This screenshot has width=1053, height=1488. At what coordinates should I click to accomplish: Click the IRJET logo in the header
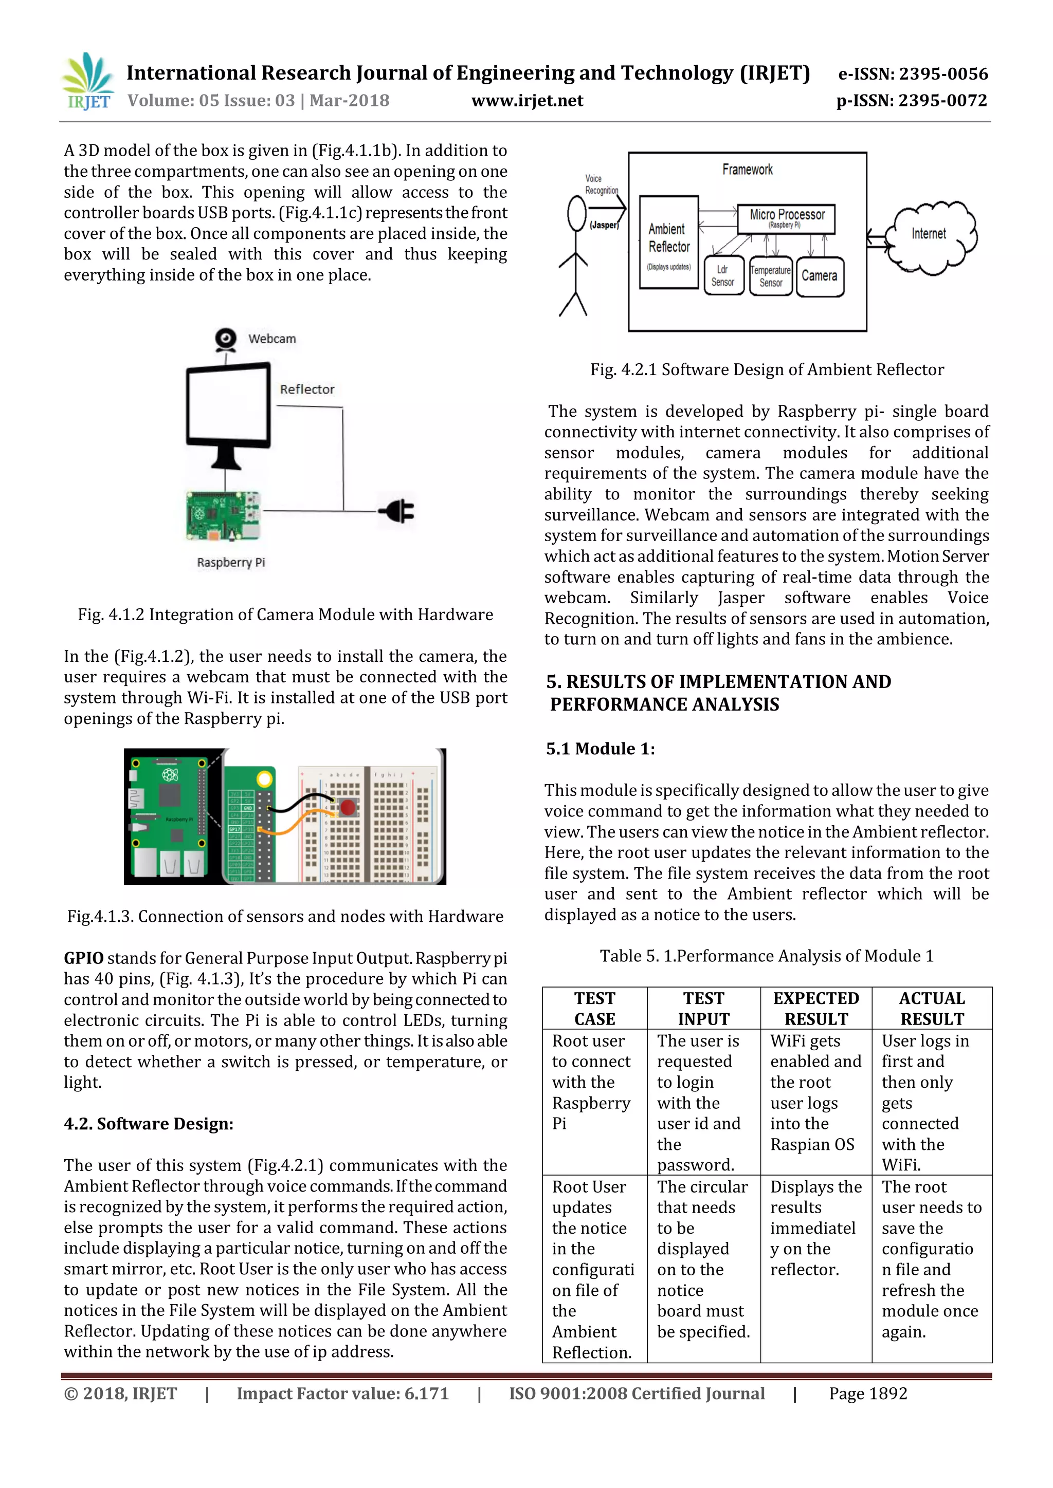point(87,82)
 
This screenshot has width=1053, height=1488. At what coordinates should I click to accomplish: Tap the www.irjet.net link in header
point(527,101)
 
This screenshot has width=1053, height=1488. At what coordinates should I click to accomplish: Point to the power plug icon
point(397,511)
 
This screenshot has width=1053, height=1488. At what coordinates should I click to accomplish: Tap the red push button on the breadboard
point(348,807)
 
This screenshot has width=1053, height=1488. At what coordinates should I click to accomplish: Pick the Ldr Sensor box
point(723,275)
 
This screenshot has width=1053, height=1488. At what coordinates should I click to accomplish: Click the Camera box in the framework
point(819,276)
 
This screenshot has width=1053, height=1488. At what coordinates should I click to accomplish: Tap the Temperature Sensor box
point(770,276)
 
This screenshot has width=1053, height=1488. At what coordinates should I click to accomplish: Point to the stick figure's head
point(576,213)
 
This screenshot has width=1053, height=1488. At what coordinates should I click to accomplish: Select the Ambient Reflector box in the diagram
point(668,241)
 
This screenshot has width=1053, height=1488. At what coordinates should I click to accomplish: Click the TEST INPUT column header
point(703,1009)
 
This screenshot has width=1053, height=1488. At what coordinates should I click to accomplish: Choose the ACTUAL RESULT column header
point(931,1009)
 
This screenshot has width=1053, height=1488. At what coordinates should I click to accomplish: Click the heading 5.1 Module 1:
point(600,749)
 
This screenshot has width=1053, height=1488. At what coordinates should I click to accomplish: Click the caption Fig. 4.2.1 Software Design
point(767,369)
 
